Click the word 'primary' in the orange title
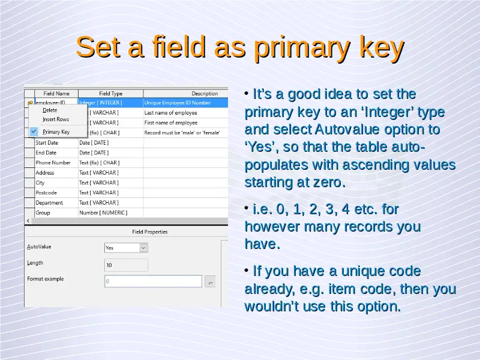(x=302, y=47)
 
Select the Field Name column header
(x=56, y=94)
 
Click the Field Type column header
(x=110, y=94)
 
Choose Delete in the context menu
(x=50, y=110)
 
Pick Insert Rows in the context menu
(x=56, y=119)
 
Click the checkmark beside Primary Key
(x=34, y=131)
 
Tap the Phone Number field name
(x=53, y=163)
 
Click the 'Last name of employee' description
(x=171, y=113)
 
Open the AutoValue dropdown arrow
(x=143, y=248)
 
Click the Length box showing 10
(x=126, y=265)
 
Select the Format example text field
(x=153, y=281)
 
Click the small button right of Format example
(x=211, y=281)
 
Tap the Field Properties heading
(x=149, y=232)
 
